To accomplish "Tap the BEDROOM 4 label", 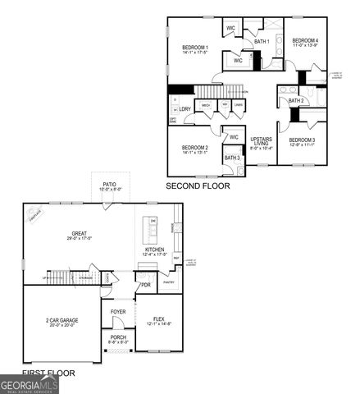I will (305, 40).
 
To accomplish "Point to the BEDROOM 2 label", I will (196, 148).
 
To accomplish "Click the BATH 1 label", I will (262, 41).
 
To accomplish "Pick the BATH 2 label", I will (296, 100).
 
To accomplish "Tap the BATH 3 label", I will (232, 157).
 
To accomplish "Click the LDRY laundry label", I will (185, 108).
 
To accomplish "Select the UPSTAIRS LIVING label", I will (261, 141).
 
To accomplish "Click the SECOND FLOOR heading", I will (198, 186).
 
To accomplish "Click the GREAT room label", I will (79, 234).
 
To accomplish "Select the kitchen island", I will (152, 223).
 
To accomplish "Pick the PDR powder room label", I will (146, 286).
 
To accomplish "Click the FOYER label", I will (118, 312).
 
